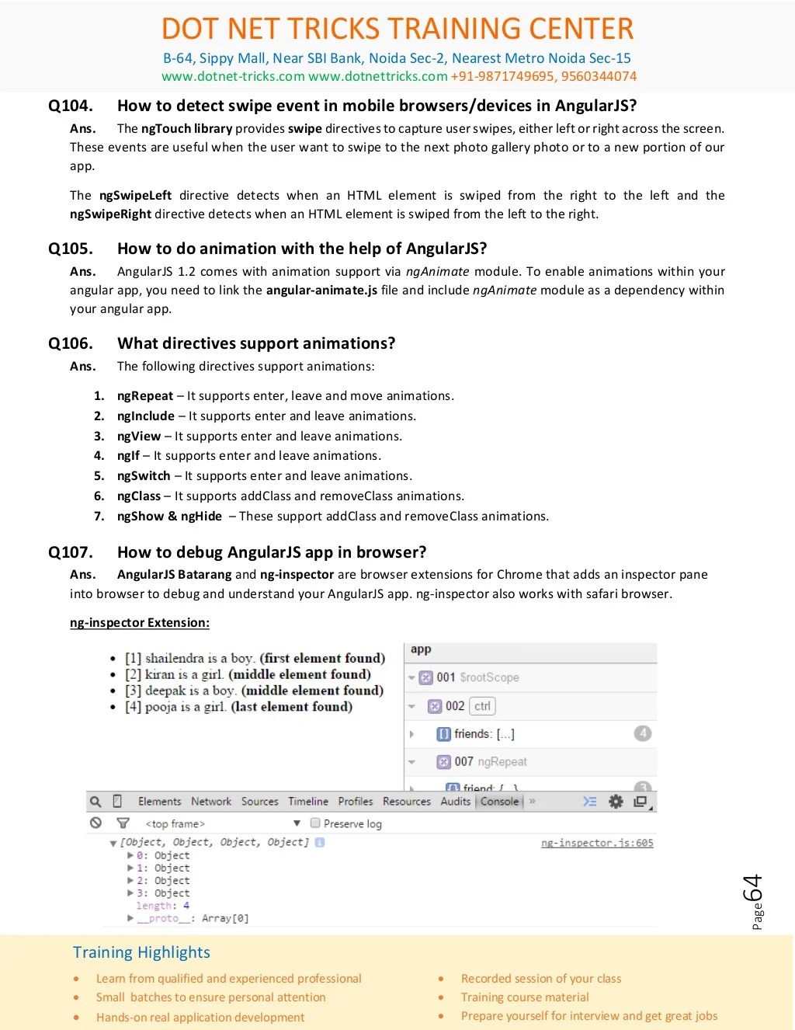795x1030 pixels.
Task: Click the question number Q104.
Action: point(71,106)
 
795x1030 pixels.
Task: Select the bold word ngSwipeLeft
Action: point(135,196)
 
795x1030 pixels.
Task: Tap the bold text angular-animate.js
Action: point(321,291)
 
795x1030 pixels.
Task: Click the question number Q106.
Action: point(71,343)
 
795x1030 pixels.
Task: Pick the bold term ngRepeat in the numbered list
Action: point(145,396)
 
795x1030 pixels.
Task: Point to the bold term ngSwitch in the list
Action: point(144,476)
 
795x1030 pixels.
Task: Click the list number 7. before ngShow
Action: point(99,517)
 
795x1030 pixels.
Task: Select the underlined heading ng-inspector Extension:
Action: point(140,623)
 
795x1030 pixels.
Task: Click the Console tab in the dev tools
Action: point(499,802)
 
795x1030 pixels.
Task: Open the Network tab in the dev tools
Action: point(211,802)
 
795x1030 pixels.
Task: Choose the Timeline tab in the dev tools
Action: point(308,802)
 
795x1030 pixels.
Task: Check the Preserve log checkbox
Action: point(315,823)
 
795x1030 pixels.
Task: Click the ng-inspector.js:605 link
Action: point(597,843)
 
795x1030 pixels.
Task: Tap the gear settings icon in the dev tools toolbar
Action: point(616,802)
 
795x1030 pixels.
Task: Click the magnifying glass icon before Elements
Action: point(95,802)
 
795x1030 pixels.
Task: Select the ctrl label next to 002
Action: point(482,706)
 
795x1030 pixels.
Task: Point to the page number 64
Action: point(752,889)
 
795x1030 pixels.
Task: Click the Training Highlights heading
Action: point(141,952)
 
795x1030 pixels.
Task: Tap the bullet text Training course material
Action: point(525,997)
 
